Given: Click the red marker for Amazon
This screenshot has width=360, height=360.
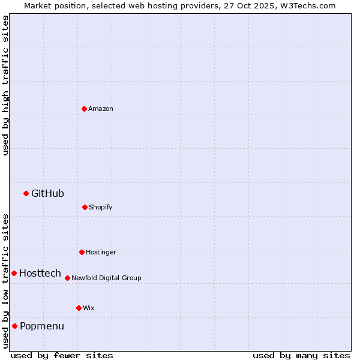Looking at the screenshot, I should pyautogui.click(x=84, y=109).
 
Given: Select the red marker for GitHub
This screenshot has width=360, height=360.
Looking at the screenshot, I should pyautogui.click(x=26, y=193).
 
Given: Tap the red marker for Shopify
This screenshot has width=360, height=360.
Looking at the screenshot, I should pyautogui.click(x=85, y=207).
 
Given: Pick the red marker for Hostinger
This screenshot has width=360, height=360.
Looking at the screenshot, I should pyautogui.click(x=82, y=252).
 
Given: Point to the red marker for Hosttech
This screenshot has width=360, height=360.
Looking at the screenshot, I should pyautogui.click(x=14, y=273).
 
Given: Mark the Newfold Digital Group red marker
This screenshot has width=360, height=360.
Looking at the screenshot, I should pyautogui.click(x=67, y=278).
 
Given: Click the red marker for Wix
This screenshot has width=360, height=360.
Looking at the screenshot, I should pyautogui.click(x=79, y=308).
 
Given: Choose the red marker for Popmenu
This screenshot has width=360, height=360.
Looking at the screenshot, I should pyautogui.click(x=14, y=326).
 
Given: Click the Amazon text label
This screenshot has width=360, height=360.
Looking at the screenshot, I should pyautogui.click(x=101, y=109).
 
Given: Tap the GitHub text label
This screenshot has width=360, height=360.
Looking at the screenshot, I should pyautogui.click(x=47, y=193).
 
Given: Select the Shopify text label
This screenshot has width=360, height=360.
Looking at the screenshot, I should pyautogui.click(x=101, y=207).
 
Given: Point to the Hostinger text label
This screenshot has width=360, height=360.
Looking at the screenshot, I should pyautogui.click(x=101, y=252).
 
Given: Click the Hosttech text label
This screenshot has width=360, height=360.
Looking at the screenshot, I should pyautogui.click(x=40, y=273).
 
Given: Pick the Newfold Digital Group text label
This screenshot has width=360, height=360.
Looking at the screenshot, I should pyautogui.click(x=106, y=278).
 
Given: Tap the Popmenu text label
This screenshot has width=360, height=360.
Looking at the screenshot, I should pyautogui.click(x=42, y=326).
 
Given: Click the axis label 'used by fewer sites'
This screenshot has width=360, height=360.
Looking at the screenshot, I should pyautogui.click(x=62, y=355).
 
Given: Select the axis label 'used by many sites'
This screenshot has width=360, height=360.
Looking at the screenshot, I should pyautogui.click(x=301, y=355).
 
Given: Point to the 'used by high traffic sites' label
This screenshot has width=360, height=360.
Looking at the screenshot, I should pyautogui.click(x=5, y=85).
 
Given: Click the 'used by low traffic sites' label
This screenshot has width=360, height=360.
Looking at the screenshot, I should pyautogui.click(x=5, y=280).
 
